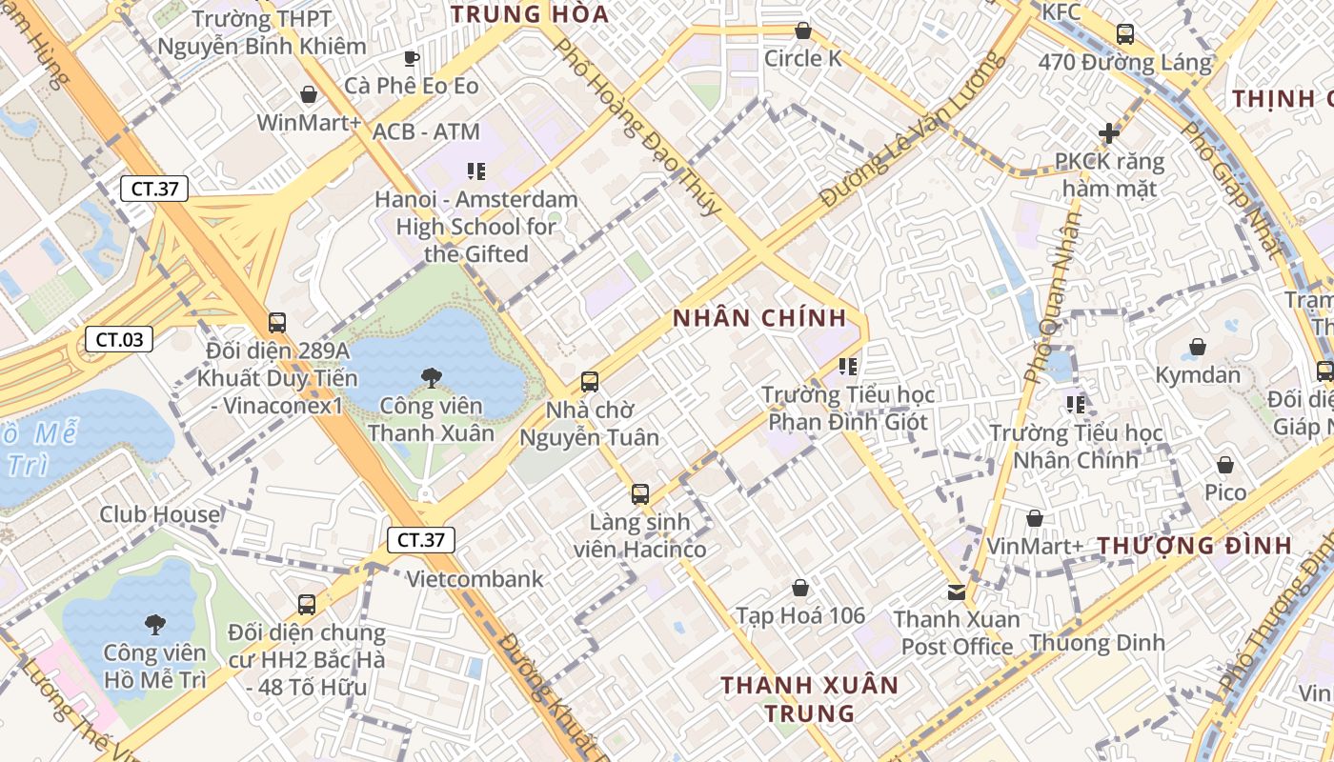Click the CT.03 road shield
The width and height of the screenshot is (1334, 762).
[x=120, y=339]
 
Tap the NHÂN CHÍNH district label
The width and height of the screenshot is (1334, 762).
[x=759, y=318]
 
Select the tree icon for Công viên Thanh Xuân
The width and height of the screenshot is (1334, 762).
[x=431, y=377]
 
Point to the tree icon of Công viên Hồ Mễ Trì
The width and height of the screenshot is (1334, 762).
[x=154, y=625]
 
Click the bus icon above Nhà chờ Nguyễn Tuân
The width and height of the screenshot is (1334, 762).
[x=590, y=382]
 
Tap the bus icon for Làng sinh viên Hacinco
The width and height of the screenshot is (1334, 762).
[x=640, y=494]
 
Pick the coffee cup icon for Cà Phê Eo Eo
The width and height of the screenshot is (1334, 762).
[x=412, y=58]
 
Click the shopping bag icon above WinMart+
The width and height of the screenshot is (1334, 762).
[x=309, y=94]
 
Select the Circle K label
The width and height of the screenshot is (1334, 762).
[x=802, y=59]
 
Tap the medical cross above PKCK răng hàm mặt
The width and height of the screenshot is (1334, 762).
[x=1108, y=133]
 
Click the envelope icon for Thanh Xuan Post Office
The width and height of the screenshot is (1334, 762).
[x=956, y=592]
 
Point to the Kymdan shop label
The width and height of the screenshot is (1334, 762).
[x=1198, y=375]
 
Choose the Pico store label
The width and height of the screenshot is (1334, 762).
[x=1225, y=492]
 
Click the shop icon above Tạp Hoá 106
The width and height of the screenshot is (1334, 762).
[x=800, y=588]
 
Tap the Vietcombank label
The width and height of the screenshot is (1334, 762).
[x=475, y=579]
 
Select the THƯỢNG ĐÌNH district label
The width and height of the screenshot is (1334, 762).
[x=1195, y=546]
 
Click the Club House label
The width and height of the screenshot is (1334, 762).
[x=160, y=515]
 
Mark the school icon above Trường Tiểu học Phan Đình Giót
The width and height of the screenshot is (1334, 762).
[x=847, y=366]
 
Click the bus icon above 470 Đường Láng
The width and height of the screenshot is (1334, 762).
[x=1125, y=34]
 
